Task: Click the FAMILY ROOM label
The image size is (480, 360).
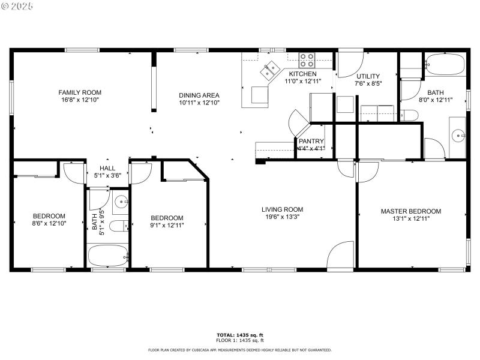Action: point(79,92)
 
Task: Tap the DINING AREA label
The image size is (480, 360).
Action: point(199,95)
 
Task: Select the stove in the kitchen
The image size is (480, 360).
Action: point(307,59)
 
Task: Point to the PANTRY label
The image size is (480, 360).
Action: point(311,141)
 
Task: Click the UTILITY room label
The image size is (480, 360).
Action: point(368,76)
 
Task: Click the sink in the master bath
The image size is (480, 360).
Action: point(458,136)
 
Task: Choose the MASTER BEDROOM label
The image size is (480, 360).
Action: point(411,211)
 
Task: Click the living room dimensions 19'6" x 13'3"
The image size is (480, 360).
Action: point(282,218)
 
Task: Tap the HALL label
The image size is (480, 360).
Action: point(107,169)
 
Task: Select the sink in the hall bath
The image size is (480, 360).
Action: point(120,202)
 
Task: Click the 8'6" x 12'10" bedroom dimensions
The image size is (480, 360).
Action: point(49,223)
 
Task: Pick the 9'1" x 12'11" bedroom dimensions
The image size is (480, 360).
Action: point(167,225)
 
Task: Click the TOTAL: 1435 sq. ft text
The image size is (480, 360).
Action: point(240,334)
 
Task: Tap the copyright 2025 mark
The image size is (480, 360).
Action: point(17,5)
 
